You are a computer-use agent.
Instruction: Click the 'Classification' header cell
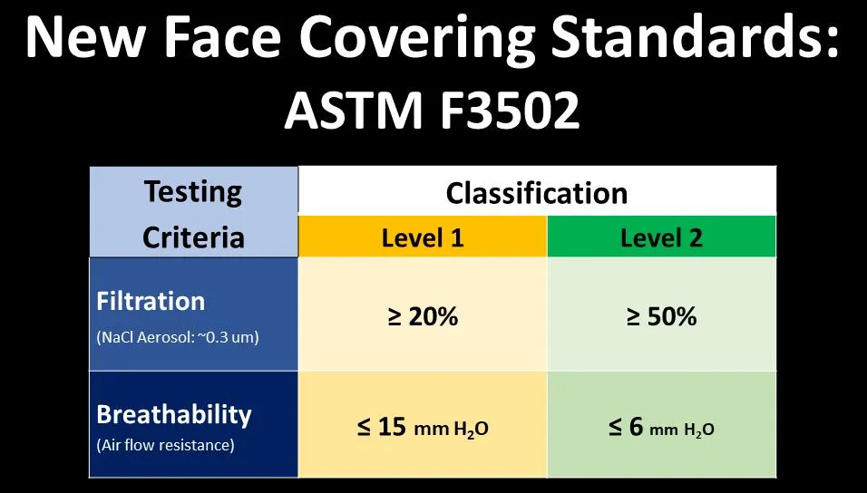pos(537,192)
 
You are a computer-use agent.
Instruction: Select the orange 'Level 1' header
pos(423,237)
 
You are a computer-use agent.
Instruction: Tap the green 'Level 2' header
pos(661,237)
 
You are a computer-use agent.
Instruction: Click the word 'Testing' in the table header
pos(194,192)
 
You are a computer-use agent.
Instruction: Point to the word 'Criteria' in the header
pos(194,237)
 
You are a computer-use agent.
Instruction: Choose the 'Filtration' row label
pos(151,301)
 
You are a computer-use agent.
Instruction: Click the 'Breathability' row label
pos(174,415)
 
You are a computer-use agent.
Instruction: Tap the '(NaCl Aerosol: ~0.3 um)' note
pos(178,338)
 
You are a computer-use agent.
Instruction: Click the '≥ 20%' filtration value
pos(423,317)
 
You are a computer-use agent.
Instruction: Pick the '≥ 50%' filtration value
pos(661,317)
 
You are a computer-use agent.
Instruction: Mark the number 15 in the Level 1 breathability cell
pos(391,428)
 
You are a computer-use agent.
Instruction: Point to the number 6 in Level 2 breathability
pos(636,428)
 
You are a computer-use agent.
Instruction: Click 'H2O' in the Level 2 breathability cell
pos(697,430)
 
